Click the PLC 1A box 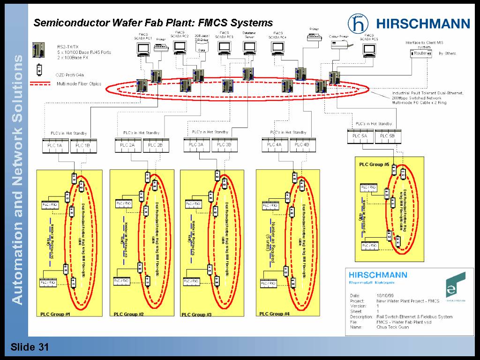(55, 146)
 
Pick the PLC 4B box (300, 145)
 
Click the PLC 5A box (360, 136)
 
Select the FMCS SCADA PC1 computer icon (142, 48)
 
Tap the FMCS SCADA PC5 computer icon (370, 49)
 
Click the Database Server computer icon (249, 47)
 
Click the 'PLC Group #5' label (374, 165)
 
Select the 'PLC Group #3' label (196, 315)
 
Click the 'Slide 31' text (30, 347)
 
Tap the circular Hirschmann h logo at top (358, 23)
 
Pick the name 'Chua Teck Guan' (392, 327)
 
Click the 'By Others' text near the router (447, 54)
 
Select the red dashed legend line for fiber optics (42, 84)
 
